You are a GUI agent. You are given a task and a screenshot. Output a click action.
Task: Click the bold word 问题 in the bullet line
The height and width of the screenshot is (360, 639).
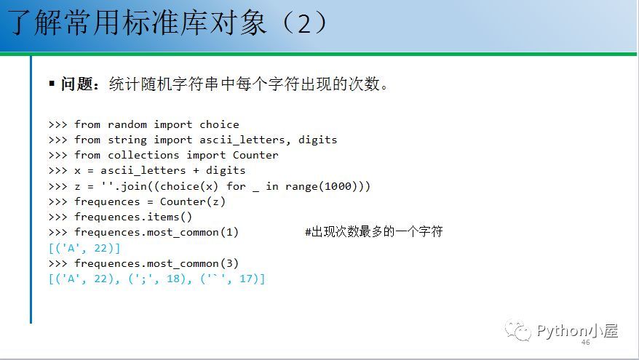tap(76, 84)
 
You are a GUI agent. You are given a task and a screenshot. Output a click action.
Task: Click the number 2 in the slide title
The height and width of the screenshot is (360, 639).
tap(304, 23)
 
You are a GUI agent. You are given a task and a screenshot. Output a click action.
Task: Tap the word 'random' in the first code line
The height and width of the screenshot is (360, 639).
tap(127, 124)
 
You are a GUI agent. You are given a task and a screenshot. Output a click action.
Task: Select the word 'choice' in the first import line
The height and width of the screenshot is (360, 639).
tap(219, 124)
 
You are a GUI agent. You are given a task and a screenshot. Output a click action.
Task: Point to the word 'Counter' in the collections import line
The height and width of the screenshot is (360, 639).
tap(255, 155)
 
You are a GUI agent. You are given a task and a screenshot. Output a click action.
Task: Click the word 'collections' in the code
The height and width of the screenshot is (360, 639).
tap(143, 155)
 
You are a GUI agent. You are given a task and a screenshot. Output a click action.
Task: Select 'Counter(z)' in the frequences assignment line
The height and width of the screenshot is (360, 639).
tap(192, 201)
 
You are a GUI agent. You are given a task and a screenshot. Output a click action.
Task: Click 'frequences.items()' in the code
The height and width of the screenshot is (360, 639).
tap(133, 217)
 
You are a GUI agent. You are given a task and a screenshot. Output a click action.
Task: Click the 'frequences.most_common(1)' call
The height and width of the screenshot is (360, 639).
tap(156, 233)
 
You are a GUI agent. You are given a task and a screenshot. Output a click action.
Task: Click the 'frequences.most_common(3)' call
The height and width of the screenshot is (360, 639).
tap(156, 263)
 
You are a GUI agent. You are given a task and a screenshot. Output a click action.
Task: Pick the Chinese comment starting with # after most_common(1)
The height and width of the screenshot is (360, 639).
tap(373, 232)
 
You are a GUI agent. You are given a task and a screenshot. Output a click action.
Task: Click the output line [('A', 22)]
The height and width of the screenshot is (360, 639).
tap(84, 248)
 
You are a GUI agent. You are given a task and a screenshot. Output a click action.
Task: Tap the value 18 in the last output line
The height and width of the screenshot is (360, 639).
tap(173, 279)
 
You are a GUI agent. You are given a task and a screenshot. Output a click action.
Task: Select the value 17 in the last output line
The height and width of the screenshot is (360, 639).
tap(246, 279)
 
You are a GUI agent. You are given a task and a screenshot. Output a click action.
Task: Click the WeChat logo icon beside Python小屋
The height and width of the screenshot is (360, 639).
tap(517, 330)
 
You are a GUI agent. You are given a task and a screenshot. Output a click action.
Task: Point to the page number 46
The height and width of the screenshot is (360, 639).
tap(586, 343)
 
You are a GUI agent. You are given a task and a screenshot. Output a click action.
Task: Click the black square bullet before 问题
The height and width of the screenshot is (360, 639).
tap(52, 84)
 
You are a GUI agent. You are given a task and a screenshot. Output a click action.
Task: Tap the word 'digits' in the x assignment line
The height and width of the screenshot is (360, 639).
tap(226, 171)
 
